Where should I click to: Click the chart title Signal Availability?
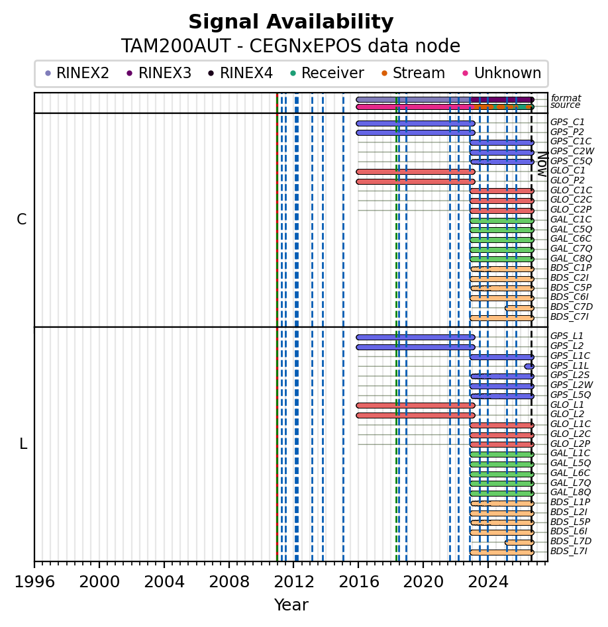[x=291, y=22]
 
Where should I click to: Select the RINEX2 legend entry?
[x=77, y=73]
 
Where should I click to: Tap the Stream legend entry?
[x=413, y=73]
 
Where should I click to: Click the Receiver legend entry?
[x=327, y=73]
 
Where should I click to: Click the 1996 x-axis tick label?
[x=34, y=581]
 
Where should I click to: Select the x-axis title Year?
[x=291, y=605]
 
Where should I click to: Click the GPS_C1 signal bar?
[x=416, y=124]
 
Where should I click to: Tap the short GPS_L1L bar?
[x=529, y=366]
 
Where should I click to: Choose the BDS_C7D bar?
[x=519, y=309]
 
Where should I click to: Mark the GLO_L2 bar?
[x=416, y=416]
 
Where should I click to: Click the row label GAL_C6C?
[x=571, y=239]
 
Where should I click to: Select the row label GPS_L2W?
[x=572, y=385]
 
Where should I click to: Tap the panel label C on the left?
[x=22, y=220]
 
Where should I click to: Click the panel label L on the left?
[x=23, y=444]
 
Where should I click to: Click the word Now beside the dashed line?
[x=542, y=164]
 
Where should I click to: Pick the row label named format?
[x=566, y=98]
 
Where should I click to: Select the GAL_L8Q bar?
[x=502, y=493]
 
